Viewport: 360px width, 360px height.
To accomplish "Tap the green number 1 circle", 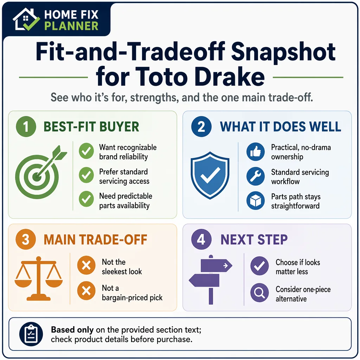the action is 26,127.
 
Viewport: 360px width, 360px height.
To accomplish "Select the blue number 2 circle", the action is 201,127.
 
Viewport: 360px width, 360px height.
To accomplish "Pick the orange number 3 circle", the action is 26,239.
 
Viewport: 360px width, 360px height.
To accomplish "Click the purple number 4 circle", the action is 201,239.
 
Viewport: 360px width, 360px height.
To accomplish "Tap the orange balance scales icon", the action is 39,278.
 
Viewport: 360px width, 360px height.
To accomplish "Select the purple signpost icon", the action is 211,279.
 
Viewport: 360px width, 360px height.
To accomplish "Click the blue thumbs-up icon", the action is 256,152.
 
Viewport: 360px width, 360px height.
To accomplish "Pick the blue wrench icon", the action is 256,176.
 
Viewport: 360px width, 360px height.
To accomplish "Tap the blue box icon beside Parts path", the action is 256,201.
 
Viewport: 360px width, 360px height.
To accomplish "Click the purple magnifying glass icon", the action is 259,293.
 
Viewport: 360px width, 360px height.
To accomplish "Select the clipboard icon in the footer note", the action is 31,334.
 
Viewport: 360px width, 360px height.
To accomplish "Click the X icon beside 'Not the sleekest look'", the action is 86,265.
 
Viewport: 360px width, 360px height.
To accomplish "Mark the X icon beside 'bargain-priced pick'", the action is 86,291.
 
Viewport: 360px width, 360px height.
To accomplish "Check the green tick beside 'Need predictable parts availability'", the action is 86,199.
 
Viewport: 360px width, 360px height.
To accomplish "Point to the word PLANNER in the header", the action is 71,26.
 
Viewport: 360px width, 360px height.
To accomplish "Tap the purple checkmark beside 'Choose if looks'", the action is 259,266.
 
